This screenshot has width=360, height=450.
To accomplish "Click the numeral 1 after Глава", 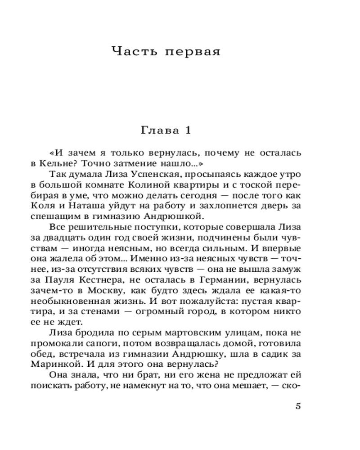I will tap(188, 131).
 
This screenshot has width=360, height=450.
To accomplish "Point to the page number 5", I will tap(297, 405).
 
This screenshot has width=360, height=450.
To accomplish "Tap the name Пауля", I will tap(85, 279).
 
